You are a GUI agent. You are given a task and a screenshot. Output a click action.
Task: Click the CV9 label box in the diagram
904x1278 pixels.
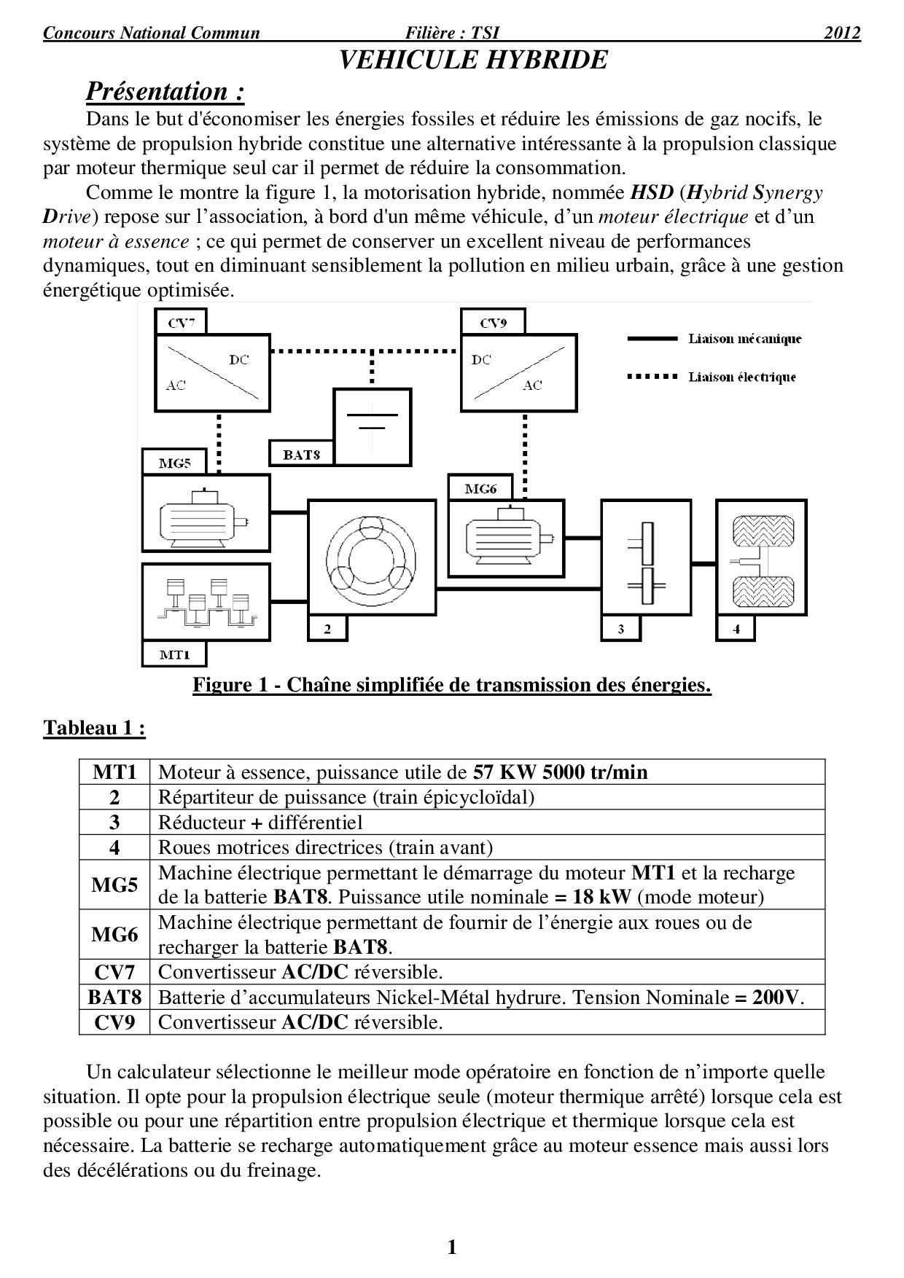(x=493, y=322)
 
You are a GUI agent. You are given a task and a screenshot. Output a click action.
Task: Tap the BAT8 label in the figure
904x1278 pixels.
(x=301, y=454)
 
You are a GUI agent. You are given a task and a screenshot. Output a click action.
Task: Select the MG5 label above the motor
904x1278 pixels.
(x=174, y=463)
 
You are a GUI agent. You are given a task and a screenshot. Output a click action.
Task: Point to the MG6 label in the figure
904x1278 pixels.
(x=480, y=488)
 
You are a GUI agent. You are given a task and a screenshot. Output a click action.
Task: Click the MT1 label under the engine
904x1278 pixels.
(x=174, y=654)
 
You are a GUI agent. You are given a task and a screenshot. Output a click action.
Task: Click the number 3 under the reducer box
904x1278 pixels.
(x=620, y=630)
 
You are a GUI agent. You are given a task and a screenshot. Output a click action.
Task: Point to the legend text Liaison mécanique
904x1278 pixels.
(x=744, y=339)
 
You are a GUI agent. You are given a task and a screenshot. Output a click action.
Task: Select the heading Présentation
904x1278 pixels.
(x=165, y=92)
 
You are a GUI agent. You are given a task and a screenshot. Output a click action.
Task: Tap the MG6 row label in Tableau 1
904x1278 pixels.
(x=114, y=934)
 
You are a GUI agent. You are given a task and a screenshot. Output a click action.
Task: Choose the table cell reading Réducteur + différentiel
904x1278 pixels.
(x=260, y=823)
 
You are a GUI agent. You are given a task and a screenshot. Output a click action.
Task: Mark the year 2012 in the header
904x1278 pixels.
(x=842, y=33)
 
